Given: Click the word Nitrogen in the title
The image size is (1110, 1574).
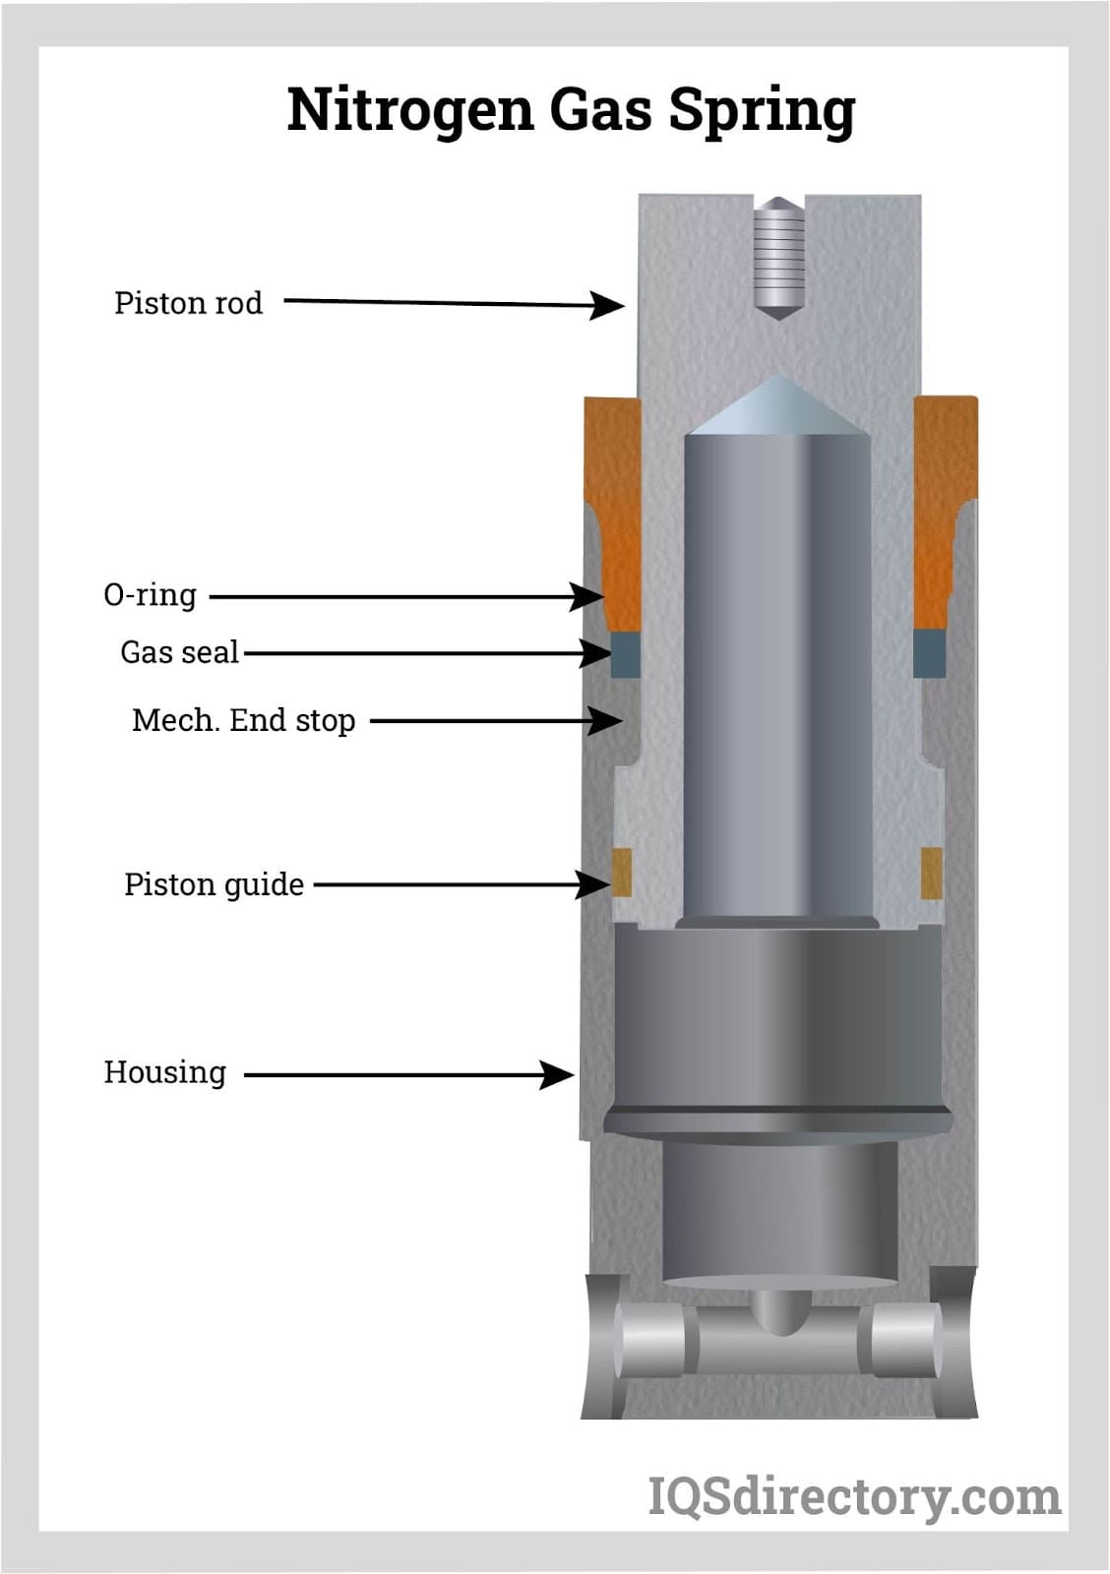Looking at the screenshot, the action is (x=410, y=110).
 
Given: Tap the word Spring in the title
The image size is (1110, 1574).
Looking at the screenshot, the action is (x=762, y=110).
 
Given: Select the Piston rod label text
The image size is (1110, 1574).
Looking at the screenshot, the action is (x=188, y=304).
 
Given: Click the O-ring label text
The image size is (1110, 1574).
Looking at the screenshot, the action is (x=150, y=595).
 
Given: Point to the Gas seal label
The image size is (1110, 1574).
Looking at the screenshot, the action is (x=180, y=652).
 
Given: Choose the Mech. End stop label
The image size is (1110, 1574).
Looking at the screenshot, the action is (x=244, y=720).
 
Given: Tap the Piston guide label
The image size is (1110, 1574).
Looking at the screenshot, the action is (x=214, y=884).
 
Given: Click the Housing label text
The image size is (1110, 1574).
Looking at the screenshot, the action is (x=165, y=1073).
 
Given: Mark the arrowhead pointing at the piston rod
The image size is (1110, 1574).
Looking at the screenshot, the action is (x=606, y=305).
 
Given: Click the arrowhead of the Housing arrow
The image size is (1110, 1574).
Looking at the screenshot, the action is (x=557, y=1075).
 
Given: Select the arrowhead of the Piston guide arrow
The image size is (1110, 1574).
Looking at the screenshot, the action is (x=592, y=884).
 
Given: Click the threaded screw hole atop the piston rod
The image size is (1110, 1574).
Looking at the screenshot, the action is (x=777, y=258).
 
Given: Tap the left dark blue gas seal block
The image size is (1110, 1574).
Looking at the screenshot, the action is (x=625, y=654).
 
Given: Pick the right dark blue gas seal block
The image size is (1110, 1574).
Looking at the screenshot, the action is (x=928, y=653).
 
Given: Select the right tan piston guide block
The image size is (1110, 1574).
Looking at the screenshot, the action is (x=932, y=873).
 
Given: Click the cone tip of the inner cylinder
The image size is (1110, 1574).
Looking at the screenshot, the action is (x=778, y=377).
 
